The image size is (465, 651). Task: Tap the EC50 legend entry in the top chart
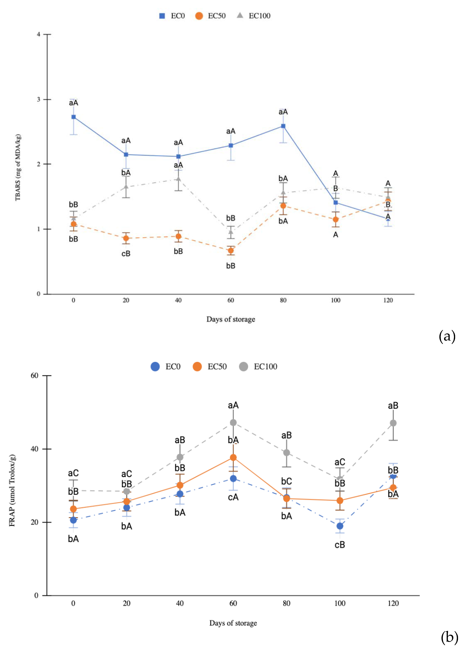coord(211,16)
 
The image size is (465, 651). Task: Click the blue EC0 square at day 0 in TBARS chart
coord(74,117)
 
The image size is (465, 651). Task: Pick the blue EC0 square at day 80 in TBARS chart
coord(283,126)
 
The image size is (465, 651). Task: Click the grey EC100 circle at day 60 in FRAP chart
coord(233,422)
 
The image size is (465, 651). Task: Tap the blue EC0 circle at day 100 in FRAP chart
coord(340,526)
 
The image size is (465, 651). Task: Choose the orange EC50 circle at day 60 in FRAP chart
coord(233,458)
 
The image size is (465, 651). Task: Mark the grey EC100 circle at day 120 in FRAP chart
coord(393,423)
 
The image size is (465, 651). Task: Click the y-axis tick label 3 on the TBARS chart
coord(38,99)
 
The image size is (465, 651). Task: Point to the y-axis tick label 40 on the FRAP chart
coord(34,449)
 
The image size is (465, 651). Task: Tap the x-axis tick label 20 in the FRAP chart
coord(127,603)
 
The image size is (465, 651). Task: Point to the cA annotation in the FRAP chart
coord(233,497)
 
